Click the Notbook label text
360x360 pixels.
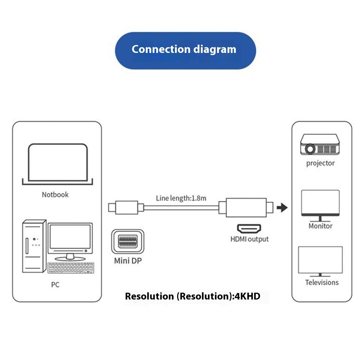(x=55, y=195)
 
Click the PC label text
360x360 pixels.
(x=55, y=285)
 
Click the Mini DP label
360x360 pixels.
(x=127, y=261)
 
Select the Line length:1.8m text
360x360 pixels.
(x=181, y=198)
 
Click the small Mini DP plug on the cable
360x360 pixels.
(x=123, y=208)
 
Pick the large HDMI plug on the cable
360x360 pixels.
(x=246, y=208)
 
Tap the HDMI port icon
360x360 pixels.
(x=249, y=228)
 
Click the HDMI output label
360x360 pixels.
(x=249, y=239)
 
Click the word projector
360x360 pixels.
(x=320, y=163)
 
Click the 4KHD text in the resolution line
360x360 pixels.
(x=247, y=297)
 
